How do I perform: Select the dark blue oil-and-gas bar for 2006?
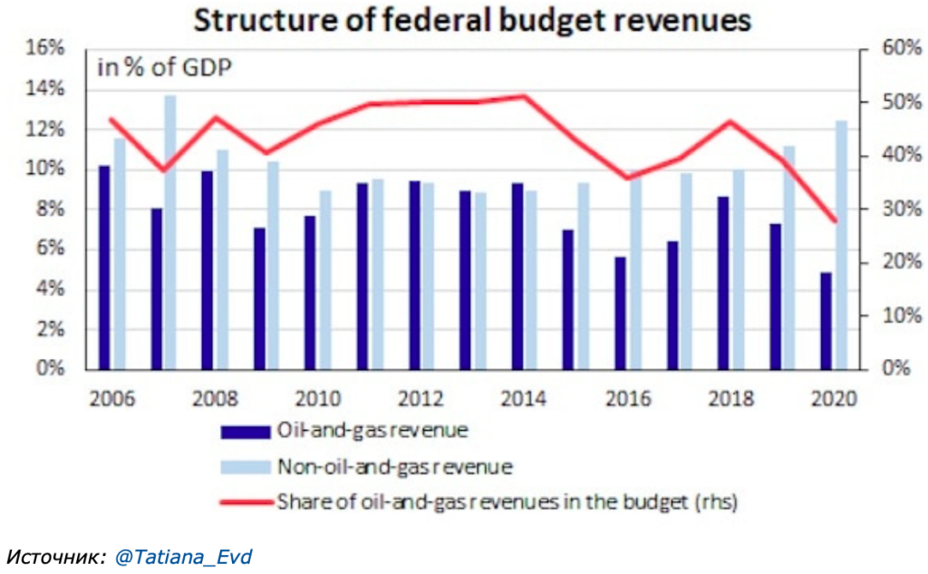pos(105,268)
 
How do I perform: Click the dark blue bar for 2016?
pos(620,313)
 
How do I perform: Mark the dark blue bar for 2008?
pos(208,269)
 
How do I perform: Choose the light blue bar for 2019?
pos(788,258)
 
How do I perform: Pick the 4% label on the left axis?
pos(52,289)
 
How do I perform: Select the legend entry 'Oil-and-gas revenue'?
pos(373,431)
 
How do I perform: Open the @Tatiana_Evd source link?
pos(182,555)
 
